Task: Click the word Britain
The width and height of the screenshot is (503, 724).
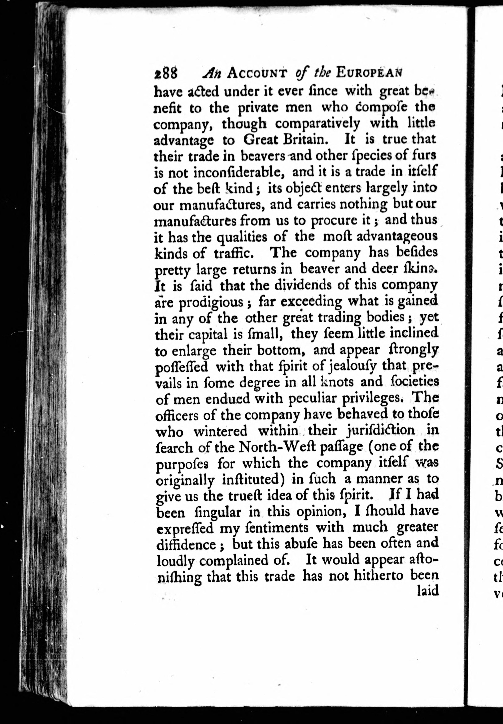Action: click(304, 140)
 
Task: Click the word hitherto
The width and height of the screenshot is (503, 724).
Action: click(380, 576)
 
